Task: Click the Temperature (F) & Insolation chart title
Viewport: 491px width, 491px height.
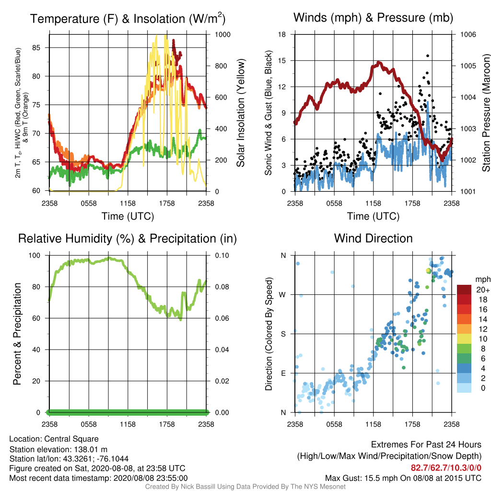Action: [128, 19]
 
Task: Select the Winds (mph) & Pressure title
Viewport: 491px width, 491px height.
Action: [373, 18]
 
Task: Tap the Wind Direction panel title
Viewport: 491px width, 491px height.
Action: [373, 238]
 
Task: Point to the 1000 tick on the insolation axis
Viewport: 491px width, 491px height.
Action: [222, 35]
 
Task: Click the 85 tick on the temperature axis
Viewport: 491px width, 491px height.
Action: [36, 47]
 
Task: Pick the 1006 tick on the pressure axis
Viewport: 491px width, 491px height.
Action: [468, 35]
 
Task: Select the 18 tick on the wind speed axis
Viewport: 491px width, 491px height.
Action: [282, 35]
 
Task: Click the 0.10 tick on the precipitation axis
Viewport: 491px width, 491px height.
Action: [222, 256]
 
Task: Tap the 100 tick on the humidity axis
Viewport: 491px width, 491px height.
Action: [35, 256]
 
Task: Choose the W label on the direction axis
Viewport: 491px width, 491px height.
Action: [282, 295]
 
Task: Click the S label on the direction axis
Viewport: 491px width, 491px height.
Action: [283, 334]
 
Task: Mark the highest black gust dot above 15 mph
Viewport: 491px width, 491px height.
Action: [427, 56]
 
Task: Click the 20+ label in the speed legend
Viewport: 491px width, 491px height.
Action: [483, 290]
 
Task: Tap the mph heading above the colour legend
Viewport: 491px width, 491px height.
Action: [483, 280]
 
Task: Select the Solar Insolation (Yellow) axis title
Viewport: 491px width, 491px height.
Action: [241, 113]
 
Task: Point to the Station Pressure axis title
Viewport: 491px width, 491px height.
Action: [486, 113]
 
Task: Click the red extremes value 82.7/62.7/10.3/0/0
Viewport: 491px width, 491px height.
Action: [446, 468]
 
